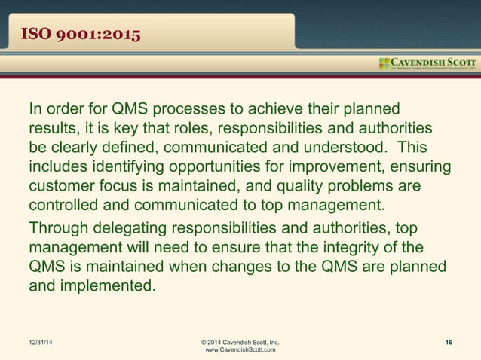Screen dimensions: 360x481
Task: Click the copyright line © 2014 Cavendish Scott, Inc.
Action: click(x=240, y=343)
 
